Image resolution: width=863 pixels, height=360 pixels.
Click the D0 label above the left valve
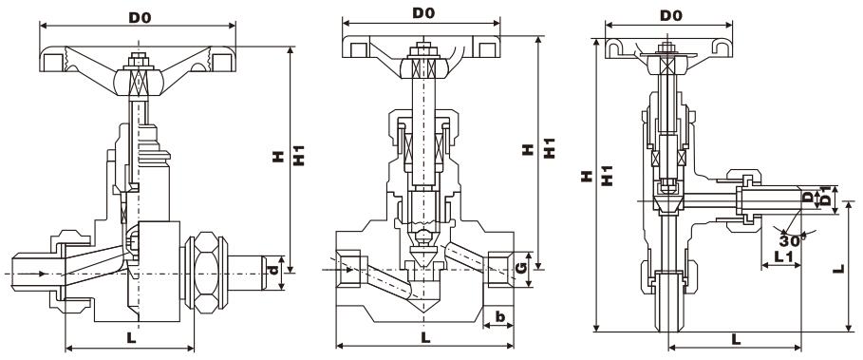pos(140,17)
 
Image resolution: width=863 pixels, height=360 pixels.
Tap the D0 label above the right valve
pos(670,16)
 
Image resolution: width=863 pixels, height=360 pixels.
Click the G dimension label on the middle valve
pos(522,269)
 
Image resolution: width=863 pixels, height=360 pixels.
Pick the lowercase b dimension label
pos(499,316)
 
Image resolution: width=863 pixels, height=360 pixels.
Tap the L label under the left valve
pos(131,337)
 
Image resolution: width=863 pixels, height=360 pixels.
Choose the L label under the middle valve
pos(425,337)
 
